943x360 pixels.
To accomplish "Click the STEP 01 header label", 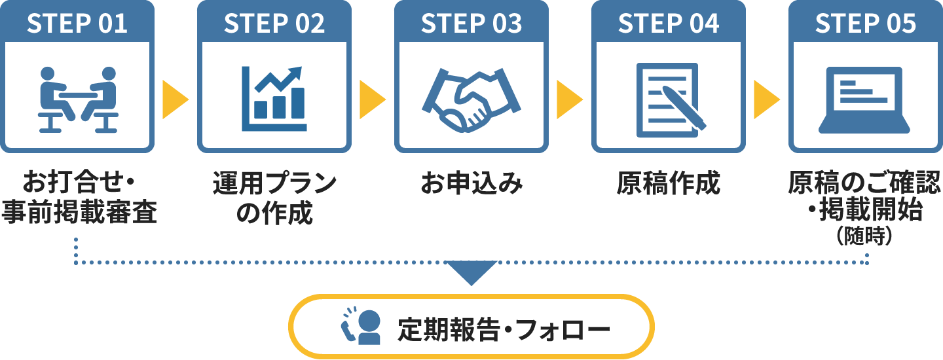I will point(77,24).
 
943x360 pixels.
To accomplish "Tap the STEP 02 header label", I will point(274,24).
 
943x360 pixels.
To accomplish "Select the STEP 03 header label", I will point(471,24).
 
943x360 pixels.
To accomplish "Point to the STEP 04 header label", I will point(669,24).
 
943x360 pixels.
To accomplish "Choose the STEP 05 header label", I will point(866,24).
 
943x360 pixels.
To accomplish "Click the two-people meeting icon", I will point(77,99).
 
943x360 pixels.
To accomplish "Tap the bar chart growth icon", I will point(274,98).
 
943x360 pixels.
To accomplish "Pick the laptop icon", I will point(866,98).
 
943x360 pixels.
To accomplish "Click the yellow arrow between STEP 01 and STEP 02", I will point(174,100).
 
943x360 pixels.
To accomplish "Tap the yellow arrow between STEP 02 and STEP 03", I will point(371,100).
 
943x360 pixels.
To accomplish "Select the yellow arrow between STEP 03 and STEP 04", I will point(568,100).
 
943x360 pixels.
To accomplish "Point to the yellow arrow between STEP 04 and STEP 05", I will point(766,100).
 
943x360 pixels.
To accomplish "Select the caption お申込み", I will point(471,184).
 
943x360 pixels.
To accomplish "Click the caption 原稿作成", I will point(669,184).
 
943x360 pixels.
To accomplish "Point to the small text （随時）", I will point(865,236).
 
